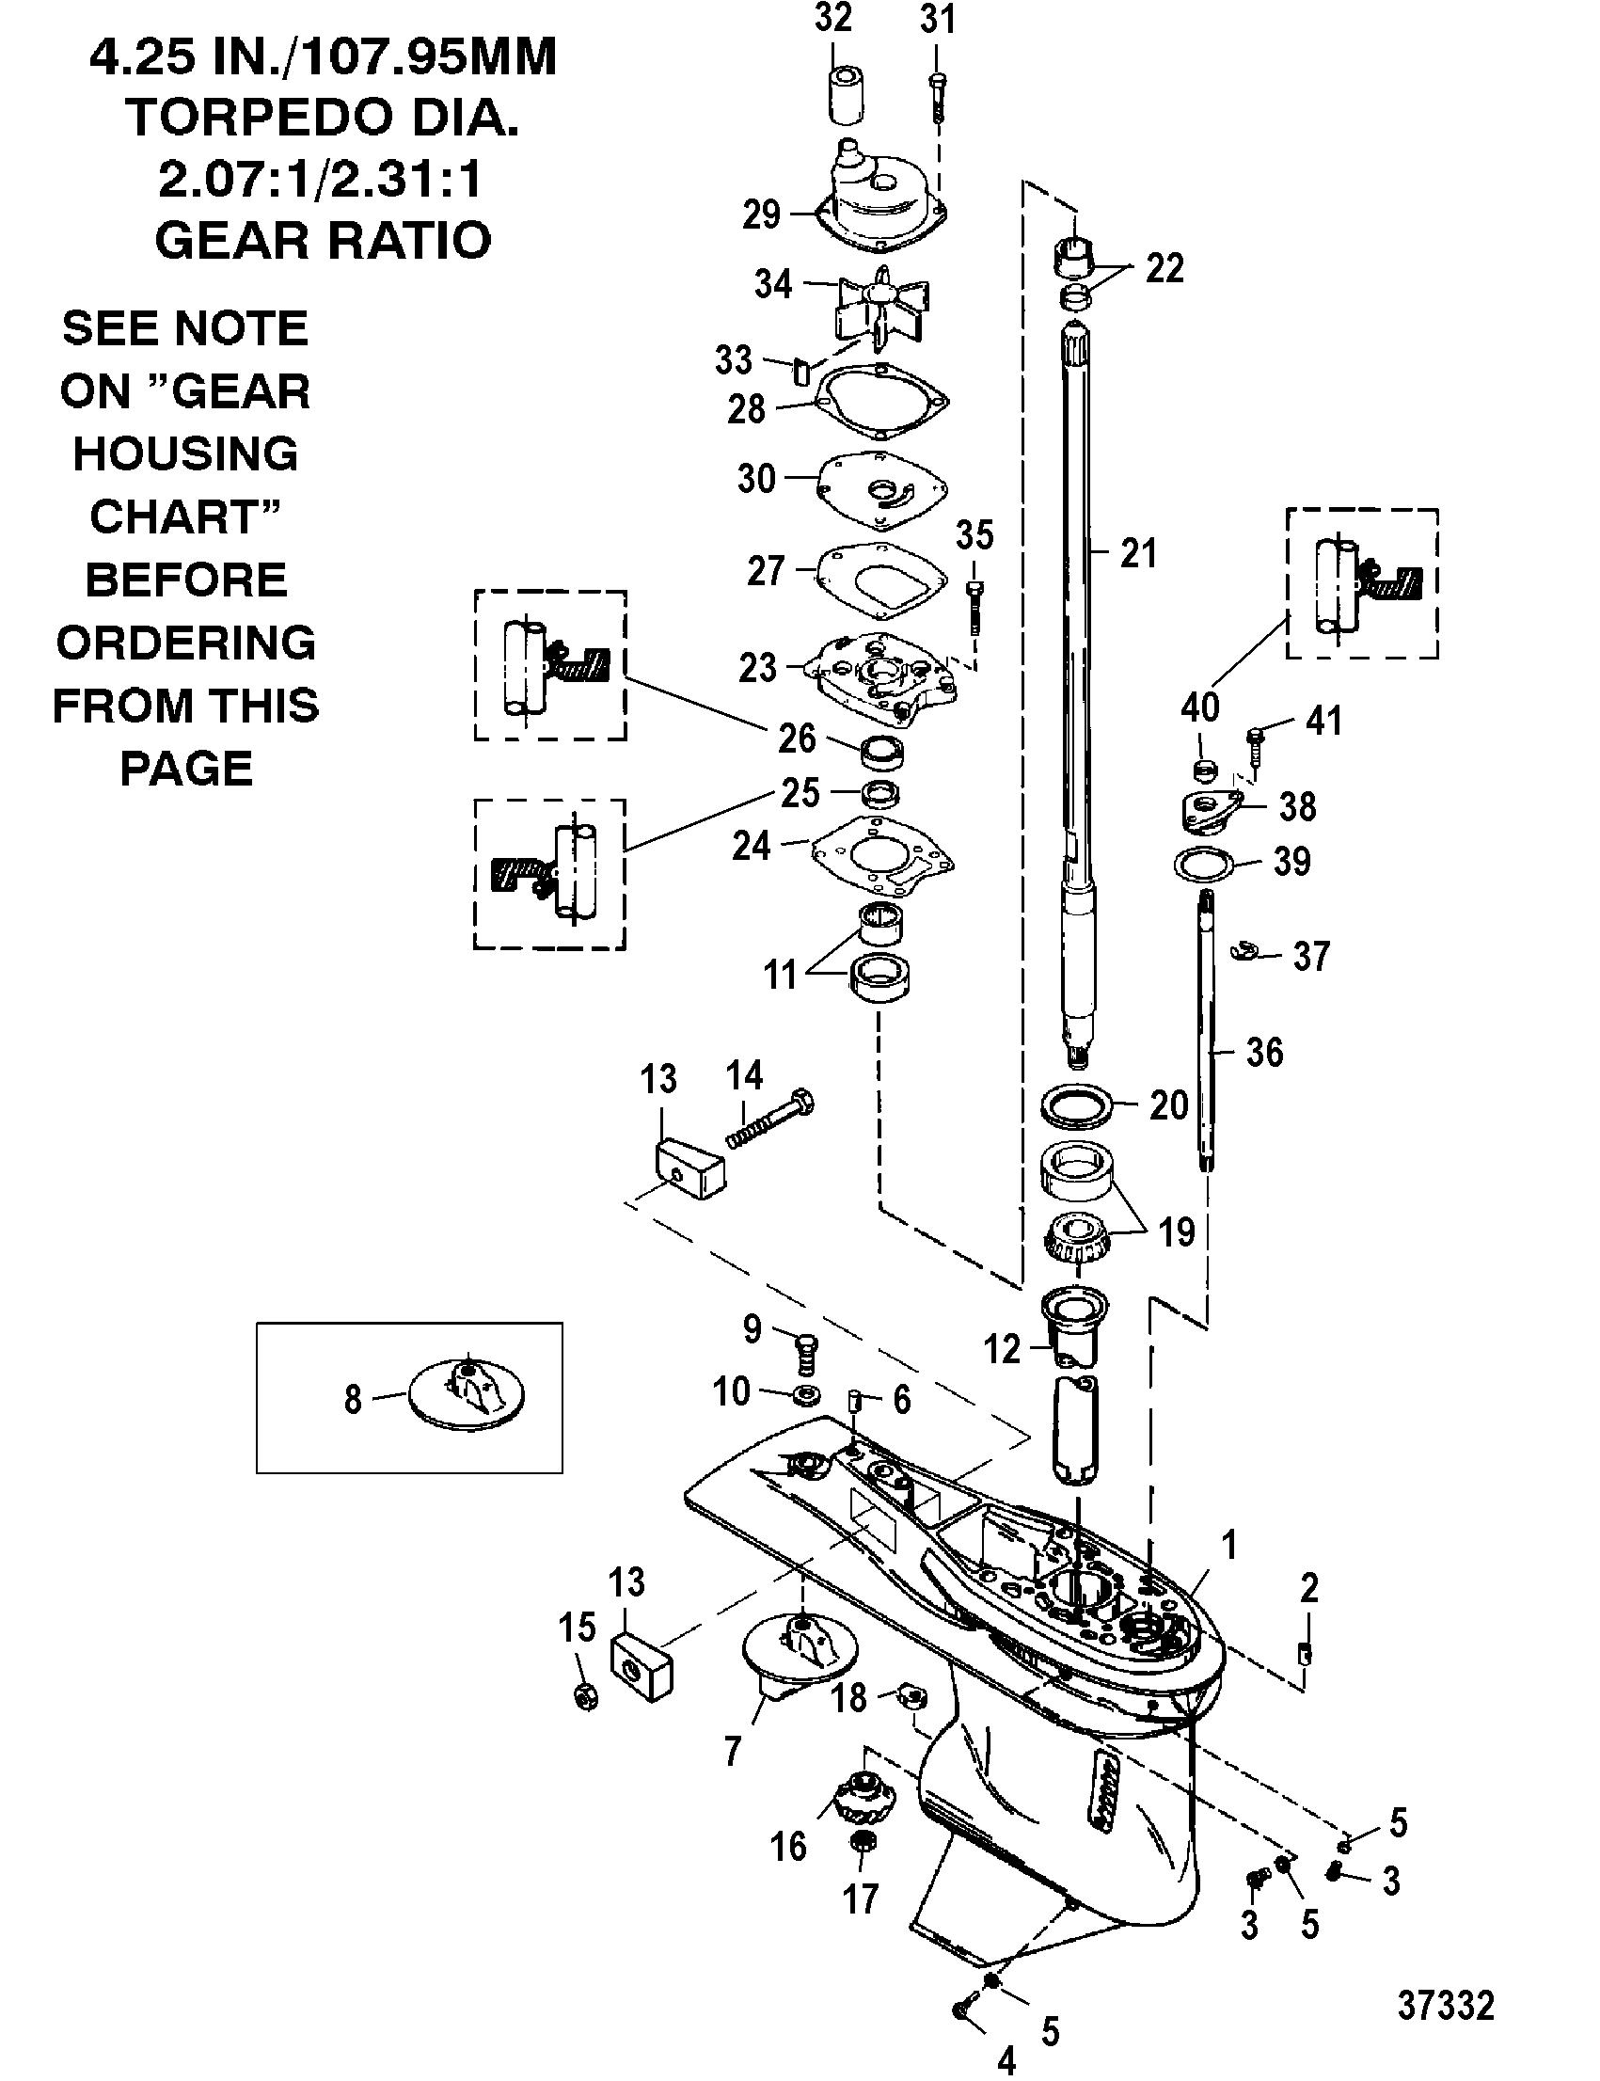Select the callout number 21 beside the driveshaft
[1138, 553]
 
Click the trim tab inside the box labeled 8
[467, 1396]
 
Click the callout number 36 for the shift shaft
[1264, 1053]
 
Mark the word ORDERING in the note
[185, 643]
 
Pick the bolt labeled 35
[974, 604]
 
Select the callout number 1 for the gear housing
[1229, 1545]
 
